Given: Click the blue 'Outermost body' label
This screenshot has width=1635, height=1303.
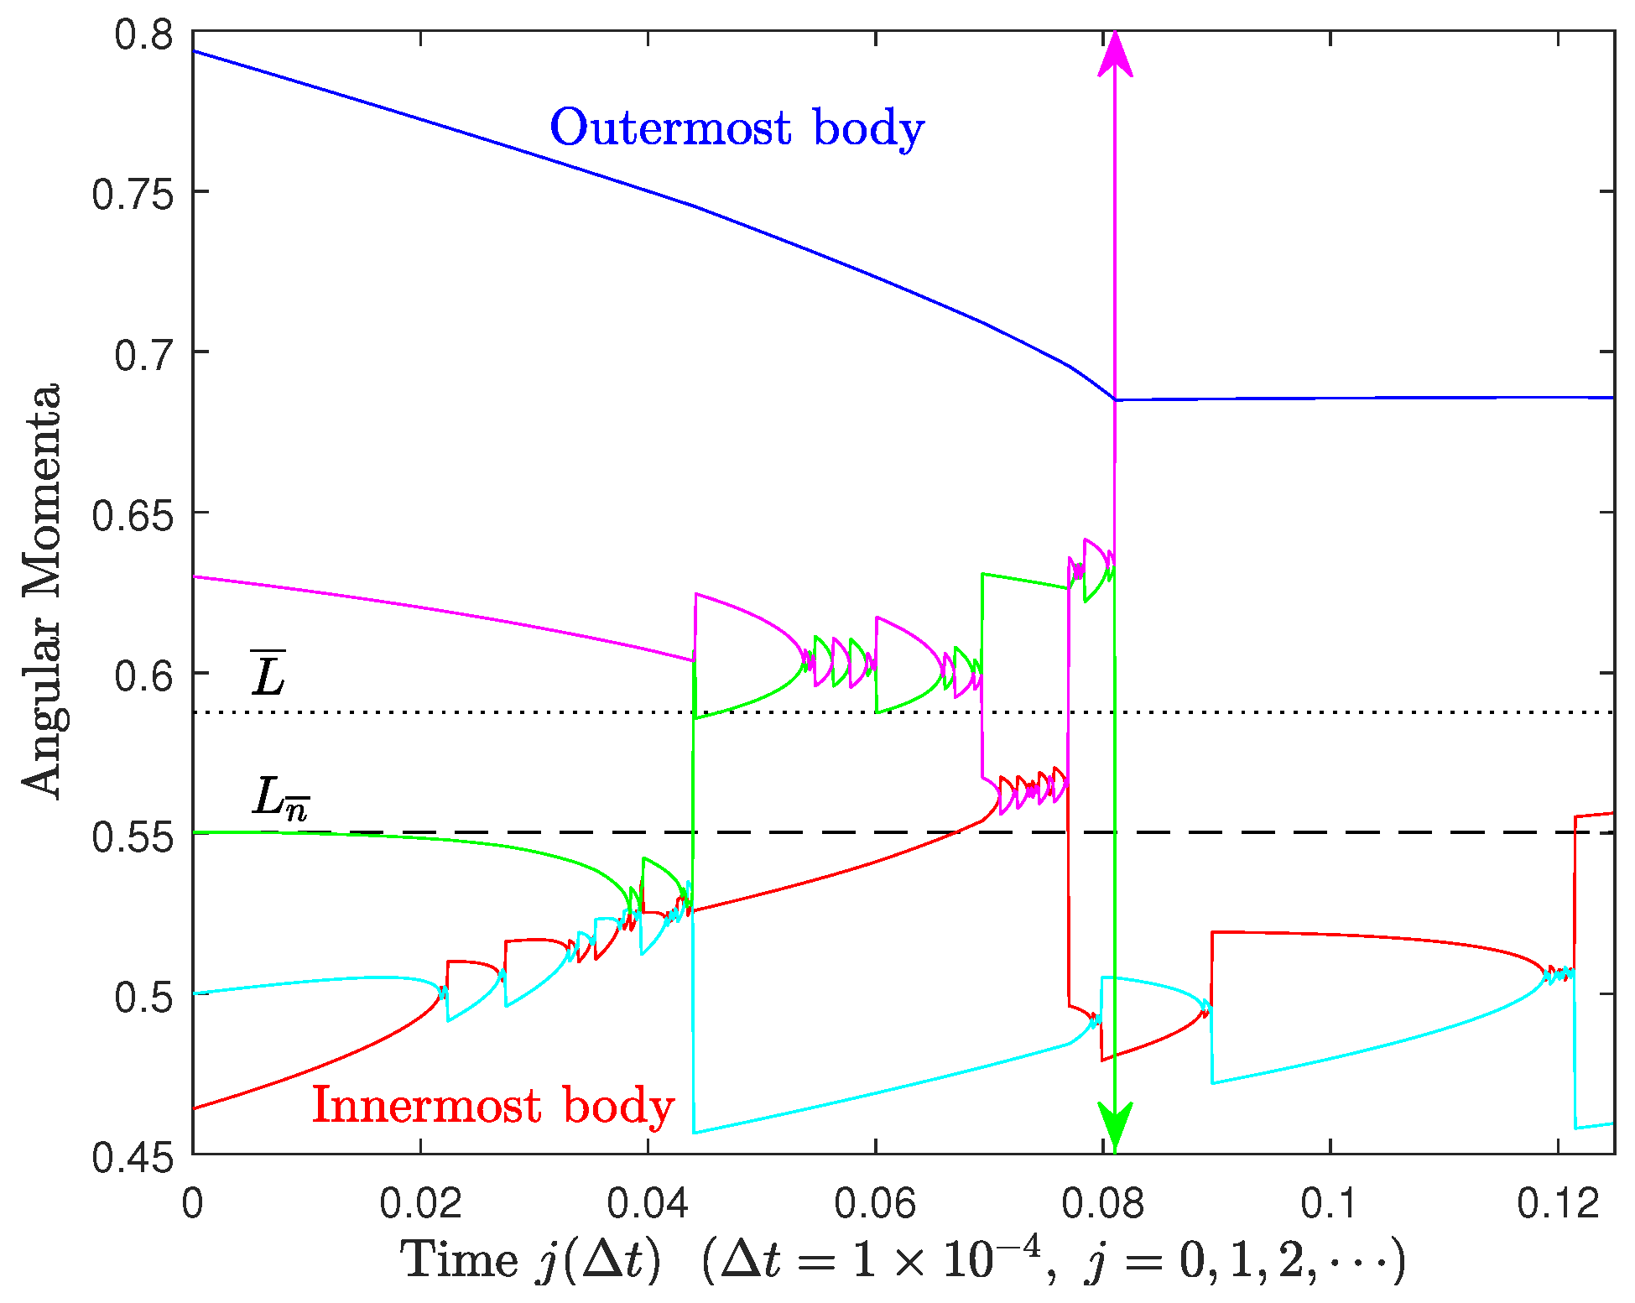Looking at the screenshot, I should pos(737,129).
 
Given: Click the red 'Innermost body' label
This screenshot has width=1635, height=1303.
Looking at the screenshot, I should pos(493,1106).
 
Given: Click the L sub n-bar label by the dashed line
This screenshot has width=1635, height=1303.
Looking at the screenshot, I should pos(280,797).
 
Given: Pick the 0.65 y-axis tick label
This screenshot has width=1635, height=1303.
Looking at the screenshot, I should pos(132,513).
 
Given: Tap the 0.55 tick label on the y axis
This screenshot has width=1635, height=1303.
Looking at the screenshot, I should pos(132,835).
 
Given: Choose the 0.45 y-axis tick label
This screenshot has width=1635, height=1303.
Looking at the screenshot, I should pos(132,1156).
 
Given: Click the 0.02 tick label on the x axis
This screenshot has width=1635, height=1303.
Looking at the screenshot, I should pos(420,1205).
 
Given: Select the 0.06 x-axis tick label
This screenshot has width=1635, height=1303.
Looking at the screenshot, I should pos(875,1205).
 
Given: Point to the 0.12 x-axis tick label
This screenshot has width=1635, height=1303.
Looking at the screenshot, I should pos(1558,1205).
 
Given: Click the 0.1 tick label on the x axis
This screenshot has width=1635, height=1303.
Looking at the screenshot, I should pos(1330,1205).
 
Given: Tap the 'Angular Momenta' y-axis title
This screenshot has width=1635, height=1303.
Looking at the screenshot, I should pos(42,592).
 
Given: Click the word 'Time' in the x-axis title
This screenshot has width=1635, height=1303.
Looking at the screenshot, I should pos(460,1261).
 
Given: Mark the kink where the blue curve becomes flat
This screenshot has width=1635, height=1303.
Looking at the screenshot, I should pos(1116,400).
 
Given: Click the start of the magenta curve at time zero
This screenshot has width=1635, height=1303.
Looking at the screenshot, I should pos(195,577).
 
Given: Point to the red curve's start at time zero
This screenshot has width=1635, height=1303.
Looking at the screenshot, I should pos(195,1108).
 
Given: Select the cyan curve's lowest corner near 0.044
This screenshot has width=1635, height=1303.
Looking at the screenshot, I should pos(695,1133).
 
